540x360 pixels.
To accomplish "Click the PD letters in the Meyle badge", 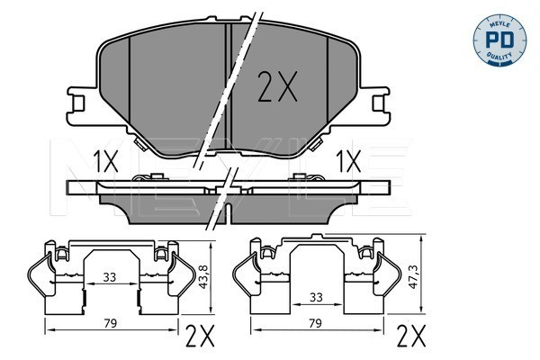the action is point(499,40).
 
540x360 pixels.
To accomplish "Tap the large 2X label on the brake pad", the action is point(277,86).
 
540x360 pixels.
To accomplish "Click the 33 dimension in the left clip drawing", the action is point(110,276).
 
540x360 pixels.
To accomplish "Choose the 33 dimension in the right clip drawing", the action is point(316,297).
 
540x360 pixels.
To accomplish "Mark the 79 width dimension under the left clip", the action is point(110,323).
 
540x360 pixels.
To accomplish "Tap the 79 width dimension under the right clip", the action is point(315,323).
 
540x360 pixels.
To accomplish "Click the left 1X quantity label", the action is point(105,161).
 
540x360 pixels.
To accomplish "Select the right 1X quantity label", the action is point(348,161).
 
